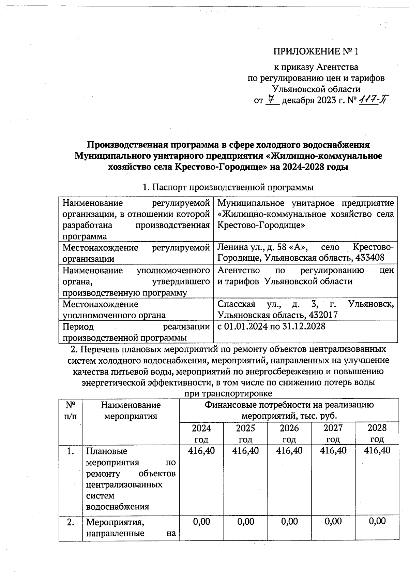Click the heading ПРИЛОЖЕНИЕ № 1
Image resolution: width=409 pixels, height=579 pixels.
click(316, 52)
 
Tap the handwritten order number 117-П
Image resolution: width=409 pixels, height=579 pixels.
click(375, 100)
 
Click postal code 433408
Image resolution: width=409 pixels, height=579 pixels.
click(370, 257)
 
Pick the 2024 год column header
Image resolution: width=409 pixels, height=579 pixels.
click(201, 433)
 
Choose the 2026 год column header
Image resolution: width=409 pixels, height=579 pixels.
click(289, 433)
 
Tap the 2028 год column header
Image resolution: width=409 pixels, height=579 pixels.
click(377, 433)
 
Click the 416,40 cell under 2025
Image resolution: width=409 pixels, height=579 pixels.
click(245, 450)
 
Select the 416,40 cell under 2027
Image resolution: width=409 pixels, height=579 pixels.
click(333, 450)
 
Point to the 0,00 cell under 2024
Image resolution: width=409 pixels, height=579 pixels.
click(201, 521)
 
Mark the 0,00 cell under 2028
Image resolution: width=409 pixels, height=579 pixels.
click(377, 521)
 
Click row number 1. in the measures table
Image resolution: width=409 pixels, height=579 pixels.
click(71, 451)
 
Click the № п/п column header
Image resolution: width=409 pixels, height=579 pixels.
click(71, 410)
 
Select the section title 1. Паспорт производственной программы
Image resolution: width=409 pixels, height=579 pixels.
click(228, 187)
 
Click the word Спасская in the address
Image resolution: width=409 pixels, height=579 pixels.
click(236, 304)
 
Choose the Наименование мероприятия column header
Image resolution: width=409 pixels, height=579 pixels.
click(131, 410)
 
